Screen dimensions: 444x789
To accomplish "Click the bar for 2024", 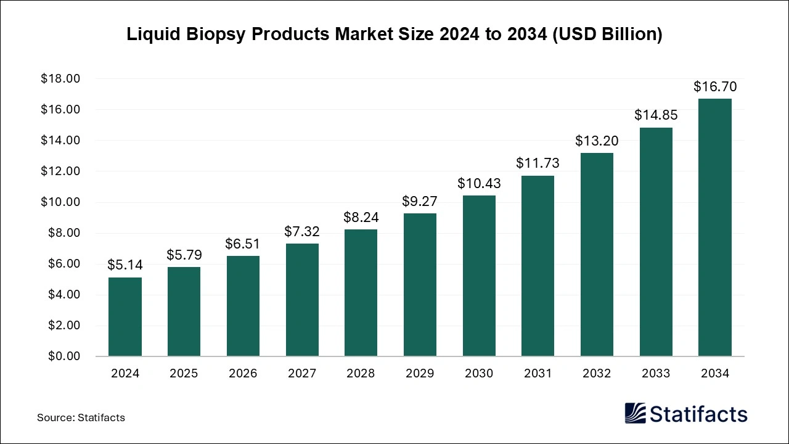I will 125,317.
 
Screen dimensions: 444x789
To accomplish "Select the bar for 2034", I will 714,228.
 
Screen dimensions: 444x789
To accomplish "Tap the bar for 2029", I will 420,285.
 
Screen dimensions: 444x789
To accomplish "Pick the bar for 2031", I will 538,266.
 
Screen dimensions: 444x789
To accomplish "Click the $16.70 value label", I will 714,86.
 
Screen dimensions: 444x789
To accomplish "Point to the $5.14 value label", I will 125,265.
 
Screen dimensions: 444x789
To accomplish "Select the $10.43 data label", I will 479,183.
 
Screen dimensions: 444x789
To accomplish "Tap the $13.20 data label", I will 597,141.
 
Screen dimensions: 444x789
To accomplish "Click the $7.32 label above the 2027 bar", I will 301,231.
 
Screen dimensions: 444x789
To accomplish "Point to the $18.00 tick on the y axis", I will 60,79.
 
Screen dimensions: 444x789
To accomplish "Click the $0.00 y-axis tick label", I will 63,356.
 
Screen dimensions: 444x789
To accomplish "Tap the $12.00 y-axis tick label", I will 60,171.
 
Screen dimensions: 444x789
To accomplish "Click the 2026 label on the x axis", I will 243,374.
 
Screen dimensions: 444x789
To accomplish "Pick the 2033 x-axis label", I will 656,374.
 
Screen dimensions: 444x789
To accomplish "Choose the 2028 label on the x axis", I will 361,374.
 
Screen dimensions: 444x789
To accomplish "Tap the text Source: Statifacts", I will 81,417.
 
